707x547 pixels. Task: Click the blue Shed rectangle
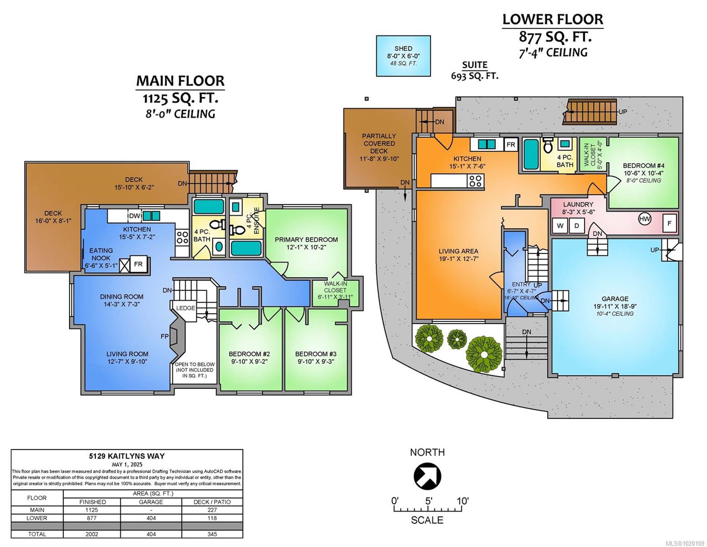click(x=403, y=56)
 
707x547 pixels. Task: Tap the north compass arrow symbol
click(x=427, y=476)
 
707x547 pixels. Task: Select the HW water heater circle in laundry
click(x=645, y=219)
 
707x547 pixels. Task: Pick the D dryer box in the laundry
click(x=576, y=226)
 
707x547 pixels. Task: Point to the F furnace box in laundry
click(x=669, y=223)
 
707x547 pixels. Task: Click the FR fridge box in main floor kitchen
click(x=138, y=264)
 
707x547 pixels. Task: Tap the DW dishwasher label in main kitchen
click(x=134, y=216)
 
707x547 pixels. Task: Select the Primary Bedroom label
click(x=306, y=239)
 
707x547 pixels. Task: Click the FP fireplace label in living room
click(x=164, y=336)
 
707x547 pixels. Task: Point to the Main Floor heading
click(x=180, y=81)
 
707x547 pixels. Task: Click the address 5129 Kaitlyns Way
click(x=127, y=456)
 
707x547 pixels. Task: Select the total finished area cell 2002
click(x=92, y=534)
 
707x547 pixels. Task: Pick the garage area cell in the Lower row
click(x=151, y=518)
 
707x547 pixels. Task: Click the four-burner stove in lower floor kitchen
click(x=475, y=181)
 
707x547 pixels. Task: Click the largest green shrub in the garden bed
click(x=484, y=354)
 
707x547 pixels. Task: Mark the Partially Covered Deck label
click(x=379, y=143)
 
